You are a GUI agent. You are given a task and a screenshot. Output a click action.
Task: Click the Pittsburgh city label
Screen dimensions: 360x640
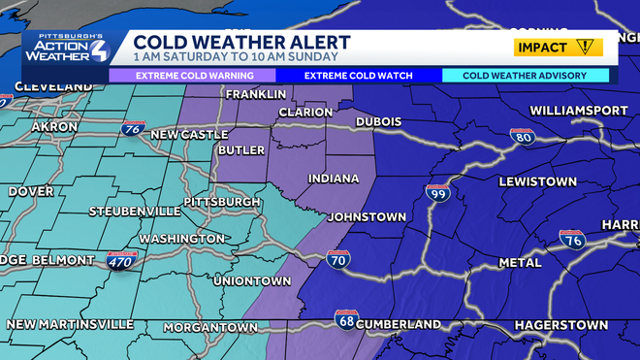coord(222,202)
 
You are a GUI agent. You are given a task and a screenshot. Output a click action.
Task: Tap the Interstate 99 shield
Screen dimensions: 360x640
coord(437,194)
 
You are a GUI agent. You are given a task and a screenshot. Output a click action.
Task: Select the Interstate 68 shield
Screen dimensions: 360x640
coord(345,318)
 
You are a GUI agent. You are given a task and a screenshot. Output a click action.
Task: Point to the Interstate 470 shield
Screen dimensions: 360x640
coord(122,259)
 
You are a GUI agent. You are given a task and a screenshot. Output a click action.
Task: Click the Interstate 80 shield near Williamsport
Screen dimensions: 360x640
coord(523,137)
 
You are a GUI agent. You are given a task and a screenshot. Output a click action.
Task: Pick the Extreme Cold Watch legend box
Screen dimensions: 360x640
coord(359,75)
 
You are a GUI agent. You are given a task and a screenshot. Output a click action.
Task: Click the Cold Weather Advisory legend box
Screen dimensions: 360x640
coord(526,75)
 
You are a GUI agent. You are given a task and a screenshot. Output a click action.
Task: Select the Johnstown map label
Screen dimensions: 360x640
coord(366,216)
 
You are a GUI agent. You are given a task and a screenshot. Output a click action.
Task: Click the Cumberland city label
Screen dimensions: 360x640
coord(398,323)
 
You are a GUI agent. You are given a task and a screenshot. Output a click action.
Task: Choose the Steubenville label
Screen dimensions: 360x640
coord(134,211)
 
